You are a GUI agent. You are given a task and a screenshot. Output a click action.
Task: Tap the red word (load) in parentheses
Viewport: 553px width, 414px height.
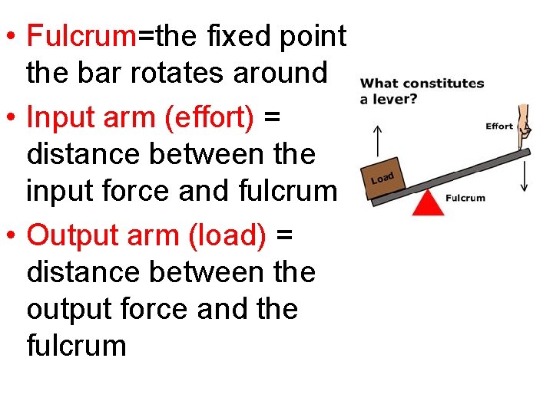(227, 235)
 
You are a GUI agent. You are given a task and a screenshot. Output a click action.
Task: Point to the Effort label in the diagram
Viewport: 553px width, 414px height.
(499, 127)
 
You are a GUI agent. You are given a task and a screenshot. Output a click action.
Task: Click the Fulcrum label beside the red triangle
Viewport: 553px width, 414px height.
(465, 198)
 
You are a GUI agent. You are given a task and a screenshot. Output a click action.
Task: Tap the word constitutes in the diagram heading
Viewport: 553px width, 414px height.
(445, 84)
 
